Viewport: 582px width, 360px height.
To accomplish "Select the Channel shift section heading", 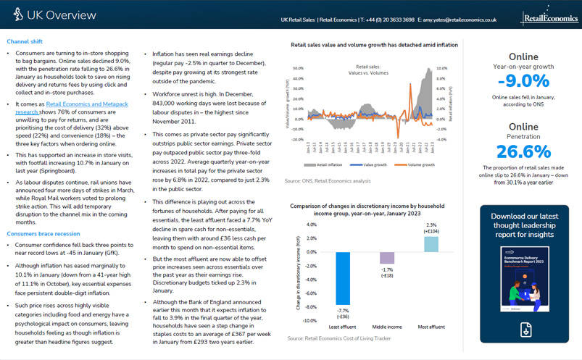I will (x=25, y=42).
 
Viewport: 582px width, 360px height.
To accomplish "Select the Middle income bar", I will (x=386, y=258).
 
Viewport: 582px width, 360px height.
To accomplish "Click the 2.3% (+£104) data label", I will (x=431, y=228).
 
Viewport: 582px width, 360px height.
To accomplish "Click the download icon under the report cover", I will (x=523, y=328).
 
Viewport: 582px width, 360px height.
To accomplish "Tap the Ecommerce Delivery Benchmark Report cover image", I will (x=523, y=277).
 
